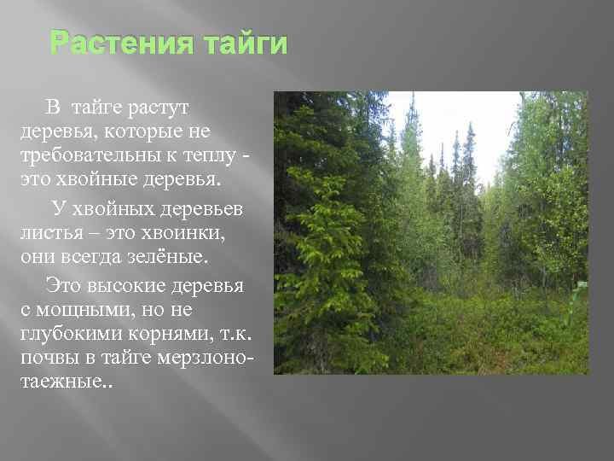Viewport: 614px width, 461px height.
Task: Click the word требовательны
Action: click(90, 155)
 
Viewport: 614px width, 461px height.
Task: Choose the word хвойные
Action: click(96, 179)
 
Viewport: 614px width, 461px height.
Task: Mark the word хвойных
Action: click(113, 209)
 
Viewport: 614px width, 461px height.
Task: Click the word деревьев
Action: click(201, 210)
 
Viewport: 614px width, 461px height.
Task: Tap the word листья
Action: click(52, 234)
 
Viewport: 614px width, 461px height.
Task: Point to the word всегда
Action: click(91, 258)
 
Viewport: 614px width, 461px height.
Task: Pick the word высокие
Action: click(126, 286)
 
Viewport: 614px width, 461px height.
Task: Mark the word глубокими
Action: click(72, 335)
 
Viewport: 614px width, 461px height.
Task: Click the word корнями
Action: click(171, 335)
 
